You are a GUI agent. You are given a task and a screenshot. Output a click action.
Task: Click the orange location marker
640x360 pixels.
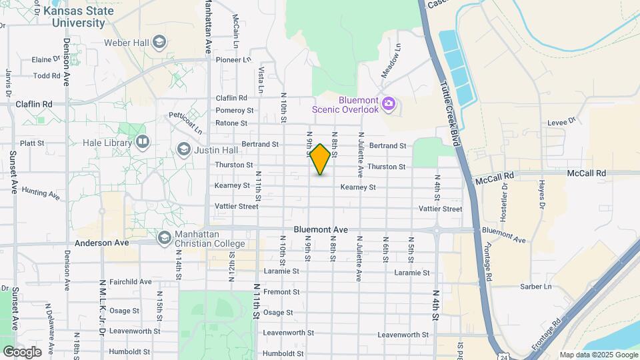pyautogui.click(x=321, y=159)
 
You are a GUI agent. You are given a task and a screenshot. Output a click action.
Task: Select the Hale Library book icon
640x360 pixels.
pyautogui.click(x=143, y=142)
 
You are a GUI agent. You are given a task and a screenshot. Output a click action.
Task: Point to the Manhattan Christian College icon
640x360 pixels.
pyautogui.click(x=164, y=237)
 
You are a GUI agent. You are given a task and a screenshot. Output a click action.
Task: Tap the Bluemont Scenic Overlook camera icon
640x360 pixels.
pyautogui.click(x=389, y=105)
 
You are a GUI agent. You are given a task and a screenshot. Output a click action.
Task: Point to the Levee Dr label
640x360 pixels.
pyautogui.click(x=561, y=121)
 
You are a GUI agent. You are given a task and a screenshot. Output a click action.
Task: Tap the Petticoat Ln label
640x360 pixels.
pyautogui.click(x=185, y=124)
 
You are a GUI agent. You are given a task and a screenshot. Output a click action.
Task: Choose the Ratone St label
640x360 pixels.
pyautogui.click(x=231, y=123)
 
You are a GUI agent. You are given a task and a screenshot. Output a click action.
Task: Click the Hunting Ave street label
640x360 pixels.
pyautogui.click(x=41, y=192)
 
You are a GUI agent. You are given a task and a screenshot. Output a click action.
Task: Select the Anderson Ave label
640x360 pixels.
pyautogui.click(x=101, y=243)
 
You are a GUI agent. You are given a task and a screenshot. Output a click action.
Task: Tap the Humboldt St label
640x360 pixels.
pyautogui.click(x=283, y=353)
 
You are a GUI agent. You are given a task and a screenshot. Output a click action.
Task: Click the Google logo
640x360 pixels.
pyautogui.click(x=22, y=352)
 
